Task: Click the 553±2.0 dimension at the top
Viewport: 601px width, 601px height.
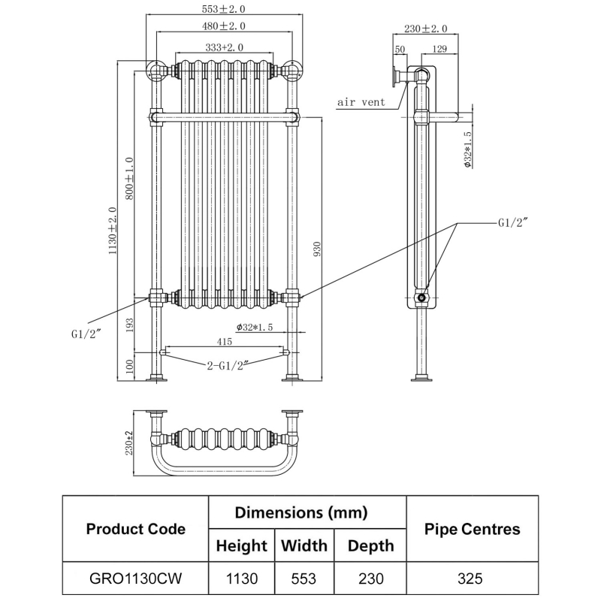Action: pos(225,9)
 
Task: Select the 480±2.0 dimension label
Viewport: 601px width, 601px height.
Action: pos(225,26)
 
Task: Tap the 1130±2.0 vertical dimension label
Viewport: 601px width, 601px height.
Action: pos(113,231)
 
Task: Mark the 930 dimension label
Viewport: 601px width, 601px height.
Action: pos(318,249)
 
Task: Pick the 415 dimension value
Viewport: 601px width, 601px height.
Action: pos(223,342)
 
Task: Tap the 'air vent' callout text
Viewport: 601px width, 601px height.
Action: pos(361,102)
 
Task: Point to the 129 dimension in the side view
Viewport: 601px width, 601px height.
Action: pos(441,49)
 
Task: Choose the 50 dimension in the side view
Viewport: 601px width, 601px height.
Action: pos(399,49)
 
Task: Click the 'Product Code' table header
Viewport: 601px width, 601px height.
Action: pos(135,529)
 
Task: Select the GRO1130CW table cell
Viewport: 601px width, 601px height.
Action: pos(135,578)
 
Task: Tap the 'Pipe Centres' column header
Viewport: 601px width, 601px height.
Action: pos(472,529)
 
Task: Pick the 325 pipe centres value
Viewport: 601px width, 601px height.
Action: pos(472,578)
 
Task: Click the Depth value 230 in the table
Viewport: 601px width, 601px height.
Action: pos(370,578)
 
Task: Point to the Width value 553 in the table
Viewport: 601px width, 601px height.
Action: pos(304,578)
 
